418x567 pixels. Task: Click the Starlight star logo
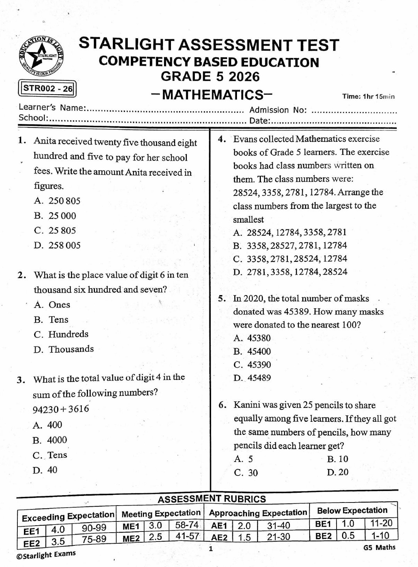tap(42, 57)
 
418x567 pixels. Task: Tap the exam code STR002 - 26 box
tap(47, 88)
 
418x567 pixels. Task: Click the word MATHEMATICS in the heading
tap(212, 95)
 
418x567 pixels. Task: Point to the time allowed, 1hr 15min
tap(368, 97)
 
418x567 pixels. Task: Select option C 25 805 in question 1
tap(55, 231)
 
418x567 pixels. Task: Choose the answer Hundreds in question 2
tap(61, 334)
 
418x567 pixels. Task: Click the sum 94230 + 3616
tap(61, 409)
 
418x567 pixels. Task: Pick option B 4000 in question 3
tap(50, 440)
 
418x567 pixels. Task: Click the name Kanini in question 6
tap(247, 405)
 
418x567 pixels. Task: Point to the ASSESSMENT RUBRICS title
tap(212, 499)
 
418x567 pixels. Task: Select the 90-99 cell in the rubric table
tap(94, 528)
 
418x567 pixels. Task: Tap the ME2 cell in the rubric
tap(130, 538)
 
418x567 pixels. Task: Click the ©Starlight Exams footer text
tap(46, 555)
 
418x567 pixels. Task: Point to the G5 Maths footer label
tap(379, 547)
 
